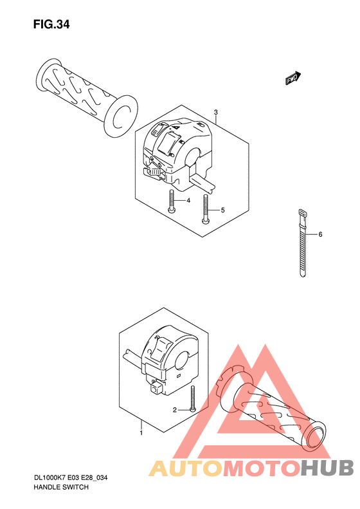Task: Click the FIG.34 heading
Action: (x=51, y=24)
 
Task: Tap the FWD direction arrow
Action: (x=293, y=78)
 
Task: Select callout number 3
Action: (x=216, y=113)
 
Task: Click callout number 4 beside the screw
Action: (x=188, y=201)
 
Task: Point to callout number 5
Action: (x=222, y=210)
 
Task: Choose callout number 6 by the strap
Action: (x=320, y=234)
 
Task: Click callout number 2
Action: (x=174, y=410)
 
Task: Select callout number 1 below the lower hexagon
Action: (x=141, y=432)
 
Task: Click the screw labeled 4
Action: (x=171, y=201)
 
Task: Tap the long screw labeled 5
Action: (x=204, y=208)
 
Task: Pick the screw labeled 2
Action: (x=193, y=399)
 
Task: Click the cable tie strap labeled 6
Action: (x=301, y=243)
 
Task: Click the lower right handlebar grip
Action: (x=271, y=412)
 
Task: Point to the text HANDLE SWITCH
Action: (x=61, y=487)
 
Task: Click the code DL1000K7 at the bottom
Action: (x=50, y=478)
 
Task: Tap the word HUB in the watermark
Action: (x=327, y=468)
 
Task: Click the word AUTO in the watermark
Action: (x=186, y=468)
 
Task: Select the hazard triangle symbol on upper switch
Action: (x=175, y=128)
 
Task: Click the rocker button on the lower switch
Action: (x=161, y=348)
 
